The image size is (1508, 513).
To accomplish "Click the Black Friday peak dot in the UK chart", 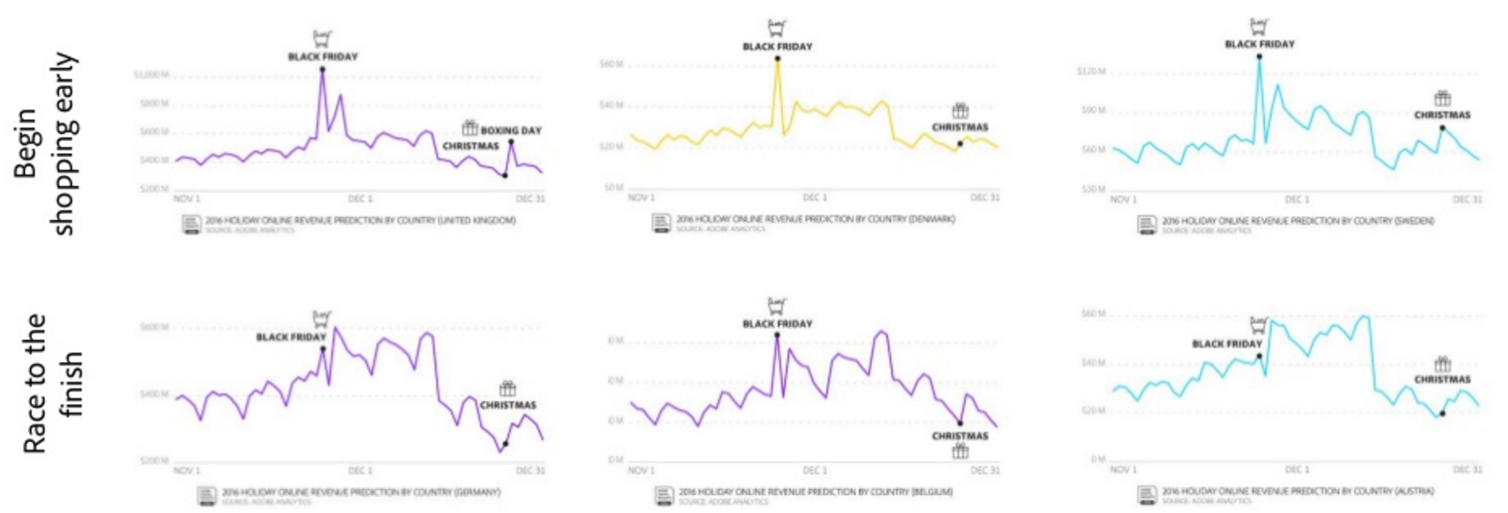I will [322, 69].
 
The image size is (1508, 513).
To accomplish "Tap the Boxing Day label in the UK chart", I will [510, 131].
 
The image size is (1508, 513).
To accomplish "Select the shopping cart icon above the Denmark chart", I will [777, 29].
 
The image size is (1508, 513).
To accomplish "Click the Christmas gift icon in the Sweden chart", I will [1442, 98].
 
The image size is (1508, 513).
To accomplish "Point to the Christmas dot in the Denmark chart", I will [960, 144].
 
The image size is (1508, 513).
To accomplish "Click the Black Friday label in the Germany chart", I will [291, 337].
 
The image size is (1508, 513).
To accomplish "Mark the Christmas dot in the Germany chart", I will [505, 444].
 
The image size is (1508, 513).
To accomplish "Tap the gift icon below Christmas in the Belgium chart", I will [960, 452].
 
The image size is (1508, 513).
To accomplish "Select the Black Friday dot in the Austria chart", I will [1259, 356].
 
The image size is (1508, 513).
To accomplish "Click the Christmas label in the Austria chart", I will [1442, 379].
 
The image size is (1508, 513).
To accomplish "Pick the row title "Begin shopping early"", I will [45, 144].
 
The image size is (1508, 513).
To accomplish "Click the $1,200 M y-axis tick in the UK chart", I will [151, 75].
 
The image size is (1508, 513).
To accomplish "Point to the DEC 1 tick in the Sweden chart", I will [1296, 200].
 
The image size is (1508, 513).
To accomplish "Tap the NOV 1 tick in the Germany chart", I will [186, 471].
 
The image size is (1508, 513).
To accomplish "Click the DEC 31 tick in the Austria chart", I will [1466, 470].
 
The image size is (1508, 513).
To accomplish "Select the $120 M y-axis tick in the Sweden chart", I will [1090, 71].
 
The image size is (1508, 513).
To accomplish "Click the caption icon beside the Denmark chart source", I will [662, 223].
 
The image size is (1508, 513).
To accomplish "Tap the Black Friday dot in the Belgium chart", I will [777, 335].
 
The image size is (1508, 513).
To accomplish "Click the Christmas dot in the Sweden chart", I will [1442, 128].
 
